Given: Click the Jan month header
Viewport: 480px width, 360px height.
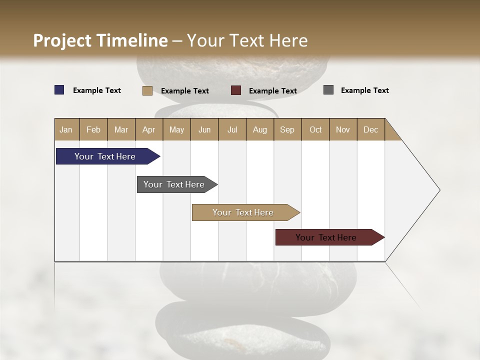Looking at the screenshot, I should point(66,129).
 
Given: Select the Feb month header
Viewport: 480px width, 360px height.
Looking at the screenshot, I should point(93,129).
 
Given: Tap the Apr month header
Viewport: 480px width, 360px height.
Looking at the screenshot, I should point(149,129).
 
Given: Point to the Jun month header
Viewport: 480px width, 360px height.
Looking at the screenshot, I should point(204,129).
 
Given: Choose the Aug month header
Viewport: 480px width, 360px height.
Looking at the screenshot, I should point(260,129).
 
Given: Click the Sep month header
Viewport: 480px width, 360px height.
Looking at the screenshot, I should point(287,129).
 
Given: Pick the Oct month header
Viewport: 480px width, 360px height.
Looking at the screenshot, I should point(315,129).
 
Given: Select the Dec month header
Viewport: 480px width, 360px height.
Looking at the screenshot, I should point(371,129).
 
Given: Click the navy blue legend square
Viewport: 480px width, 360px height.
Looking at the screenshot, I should point(59,90).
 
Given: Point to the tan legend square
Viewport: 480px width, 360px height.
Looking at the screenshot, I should point(147,90).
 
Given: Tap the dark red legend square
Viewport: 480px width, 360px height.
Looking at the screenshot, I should point(236,90).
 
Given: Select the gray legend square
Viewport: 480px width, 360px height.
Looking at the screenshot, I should point(328,90).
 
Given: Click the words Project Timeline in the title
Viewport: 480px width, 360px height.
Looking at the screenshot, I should point(100,40).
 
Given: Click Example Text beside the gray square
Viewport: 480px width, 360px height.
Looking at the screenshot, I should point(364,90).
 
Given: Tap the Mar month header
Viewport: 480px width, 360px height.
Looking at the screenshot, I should point(121,129).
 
